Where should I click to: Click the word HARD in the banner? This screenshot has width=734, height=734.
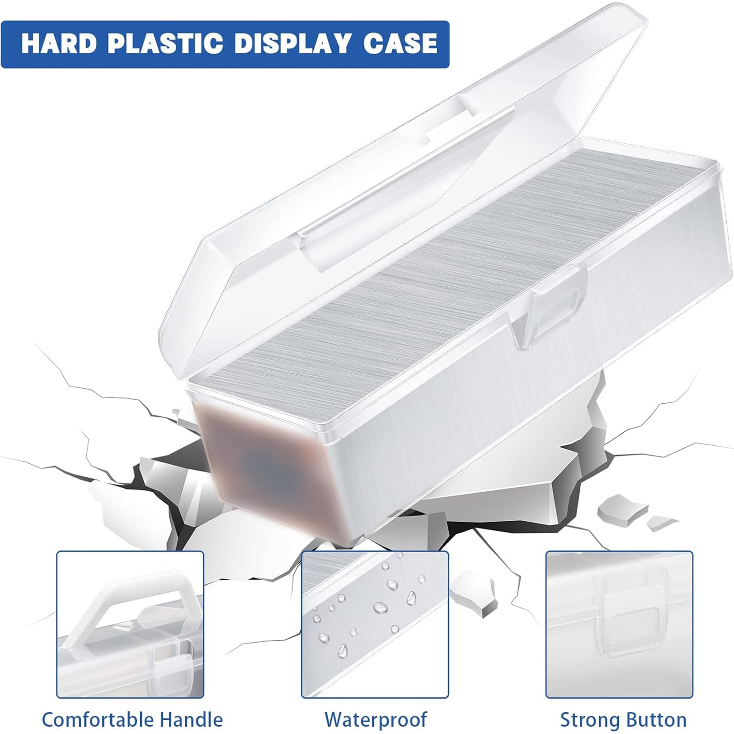59,44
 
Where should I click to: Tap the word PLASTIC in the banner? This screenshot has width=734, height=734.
166,44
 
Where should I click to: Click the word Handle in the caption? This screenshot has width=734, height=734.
193,720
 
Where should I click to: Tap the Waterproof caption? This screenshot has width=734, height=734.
376,720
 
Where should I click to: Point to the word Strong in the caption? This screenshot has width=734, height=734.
587,720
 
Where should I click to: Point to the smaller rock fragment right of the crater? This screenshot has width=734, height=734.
661,523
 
